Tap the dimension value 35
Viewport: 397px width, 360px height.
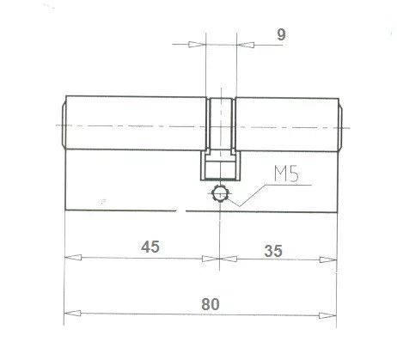(x=273, y=251)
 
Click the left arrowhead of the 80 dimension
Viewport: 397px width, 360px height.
(x=71, y=312)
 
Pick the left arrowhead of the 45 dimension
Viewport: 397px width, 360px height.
(x=71, y=257)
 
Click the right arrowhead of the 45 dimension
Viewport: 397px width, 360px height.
(x=216, y=257)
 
